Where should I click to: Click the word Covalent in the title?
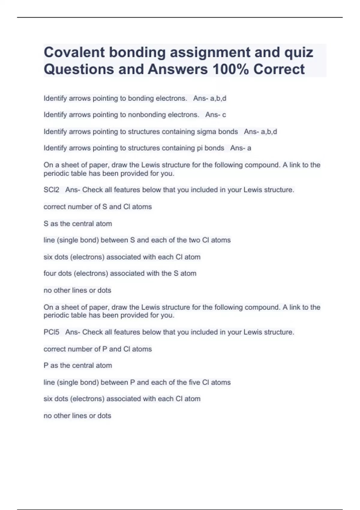point(74,52)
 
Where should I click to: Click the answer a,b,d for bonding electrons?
point(218,98)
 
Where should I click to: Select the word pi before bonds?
point(199,148)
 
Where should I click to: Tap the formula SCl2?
point(51,190)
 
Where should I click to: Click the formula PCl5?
point(51,332)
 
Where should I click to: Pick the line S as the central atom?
point(78,224)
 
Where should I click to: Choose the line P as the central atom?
point(78,366)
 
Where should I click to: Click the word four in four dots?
point(50,274)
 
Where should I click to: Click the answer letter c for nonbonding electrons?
point(224,115)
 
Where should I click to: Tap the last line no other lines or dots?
point(77,416)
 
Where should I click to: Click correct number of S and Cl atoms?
point(98,207)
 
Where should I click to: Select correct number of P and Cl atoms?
point(98,349)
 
